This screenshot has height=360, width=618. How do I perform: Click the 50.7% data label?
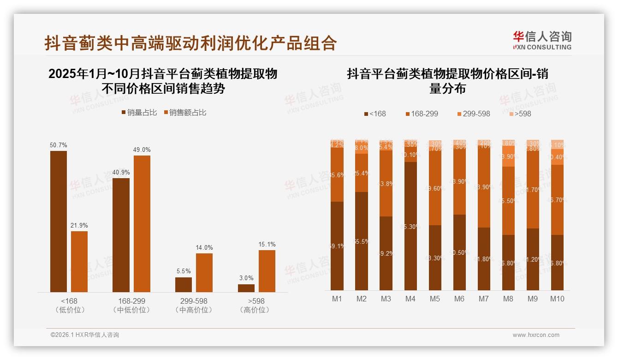pos(59,145)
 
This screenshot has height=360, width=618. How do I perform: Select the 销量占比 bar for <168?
pos(59,222)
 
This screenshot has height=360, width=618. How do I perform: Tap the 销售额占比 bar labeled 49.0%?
pos(142,224)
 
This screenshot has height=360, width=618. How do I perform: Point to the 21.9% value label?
pos(79,225)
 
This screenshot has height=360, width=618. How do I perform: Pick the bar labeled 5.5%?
pos(184,284)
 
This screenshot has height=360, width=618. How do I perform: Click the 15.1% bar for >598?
pos(267,271)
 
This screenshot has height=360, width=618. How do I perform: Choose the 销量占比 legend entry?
pos(139,112)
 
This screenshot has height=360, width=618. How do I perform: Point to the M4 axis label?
pos(410,299)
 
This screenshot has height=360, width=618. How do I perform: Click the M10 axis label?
pos(557,299)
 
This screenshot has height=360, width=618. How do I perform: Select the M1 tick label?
pos(337,299)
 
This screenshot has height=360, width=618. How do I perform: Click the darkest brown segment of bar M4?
pos(410,226)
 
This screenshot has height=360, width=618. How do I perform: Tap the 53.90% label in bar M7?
pos(484,187)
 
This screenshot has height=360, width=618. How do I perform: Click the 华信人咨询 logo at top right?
pos(542,40)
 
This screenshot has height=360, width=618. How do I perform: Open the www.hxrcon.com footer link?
pos(536,335)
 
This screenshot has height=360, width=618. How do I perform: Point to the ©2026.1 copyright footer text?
pos(85,335)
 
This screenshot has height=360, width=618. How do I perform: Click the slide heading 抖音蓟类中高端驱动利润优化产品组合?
pos(190,43)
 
